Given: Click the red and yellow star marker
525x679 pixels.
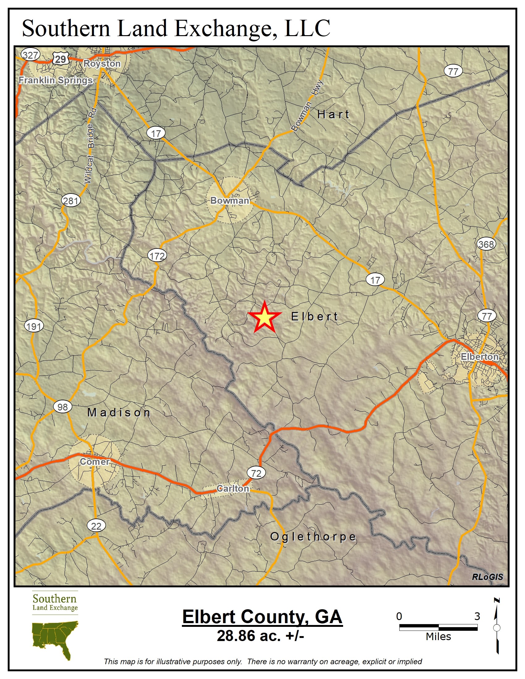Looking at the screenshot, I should (264, 317).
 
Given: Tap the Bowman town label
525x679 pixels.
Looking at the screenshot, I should (229, 201).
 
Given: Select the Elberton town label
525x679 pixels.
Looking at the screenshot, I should (479, 356).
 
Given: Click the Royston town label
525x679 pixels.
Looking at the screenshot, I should (102, 63).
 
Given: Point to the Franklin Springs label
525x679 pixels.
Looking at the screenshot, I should (56, 80).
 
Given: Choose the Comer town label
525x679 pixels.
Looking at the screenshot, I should (94, 461).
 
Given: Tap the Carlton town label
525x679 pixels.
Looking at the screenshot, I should (233, 489).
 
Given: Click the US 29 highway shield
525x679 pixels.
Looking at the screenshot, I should (60, 59).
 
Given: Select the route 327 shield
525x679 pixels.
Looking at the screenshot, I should (31, 55).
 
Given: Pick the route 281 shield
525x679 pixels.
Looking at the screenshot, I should (71, 201).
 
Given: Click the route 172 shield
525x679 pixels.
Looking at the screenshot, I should (157, 256).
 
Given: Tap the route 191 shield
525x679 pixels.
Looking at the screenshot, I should (34, 326).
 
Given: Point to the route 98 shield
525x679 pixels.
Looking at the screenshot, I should (62, 407).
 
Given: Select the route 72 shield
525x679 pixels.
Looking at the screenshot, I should (256, 473).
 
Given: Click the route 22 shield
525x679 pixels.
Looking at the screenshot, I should (96, 526).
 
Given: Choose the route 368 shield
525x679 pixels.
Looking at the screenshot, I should (486, 244).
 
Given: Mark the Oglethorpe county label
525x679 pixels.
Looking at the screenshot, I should (313, 537).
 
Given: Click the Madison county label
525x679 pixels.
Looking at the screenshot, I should (119, 413).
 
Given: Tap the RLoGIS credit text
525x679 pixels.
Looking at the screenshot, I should (487, 577).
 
